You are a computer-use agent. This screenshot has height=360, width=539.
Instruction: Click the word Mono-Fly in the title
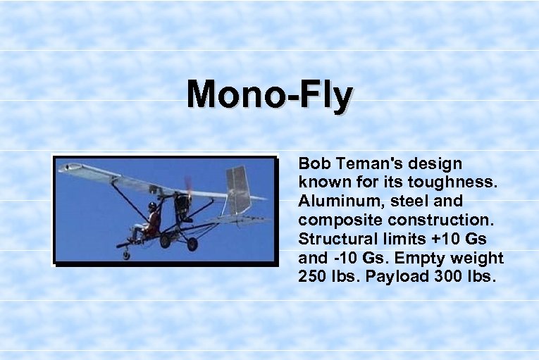pyautogui.click(x=270, y=95)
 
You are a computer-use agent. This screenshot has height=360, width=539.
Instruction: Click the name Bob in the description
pyautogui.click(x=314, y=164)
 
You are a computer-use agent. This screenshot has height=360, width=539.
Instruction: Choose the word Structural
pyautogui.click(x=335, y=239)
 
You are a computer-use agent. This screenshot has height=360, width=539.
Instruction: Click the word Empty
pyautogui.click(x=428, y=258)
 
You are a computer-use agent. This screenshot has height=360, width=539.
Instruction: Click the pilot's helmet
pyautogui.click(x=152, y=206)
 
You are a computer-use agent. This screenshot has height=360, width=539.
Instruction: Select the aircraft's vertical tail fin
pyautogui.click(x=237, y=189)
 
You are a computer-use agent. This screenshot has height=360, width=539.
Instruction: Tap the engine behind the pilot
pyautogui.click(x=183, y=205)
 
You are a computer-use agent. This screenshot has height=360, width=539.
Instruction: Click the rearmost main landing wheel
pyautogui.click(x=192, y=244)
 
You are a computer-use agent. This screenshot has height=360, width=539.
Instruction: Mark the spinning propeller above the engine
pyautogui.click(x=188, y=185)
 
